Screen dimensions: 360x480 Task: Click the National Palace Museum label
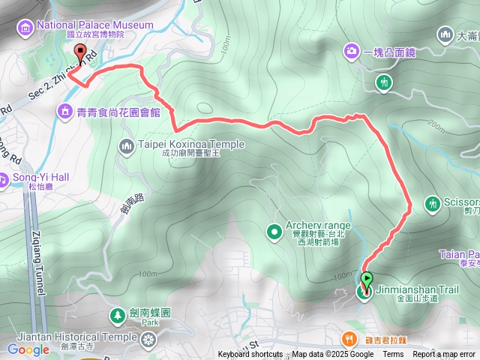coord(94,25)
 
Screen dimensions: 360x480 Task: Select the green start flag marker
coord(366,282)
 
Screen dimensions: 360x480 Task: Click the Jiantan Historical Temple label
coord(69,337)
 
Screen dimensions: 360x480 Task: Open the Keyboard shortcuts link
coord(253,355)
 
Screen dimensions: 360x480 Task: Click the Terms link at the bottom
coord(393,355)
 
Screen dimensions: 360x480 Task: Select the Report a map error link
coord(444,355)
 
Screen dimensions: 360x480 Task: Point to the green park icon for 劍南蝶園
coord(118,314)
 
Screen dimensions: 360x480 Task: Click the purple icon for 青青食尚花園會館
coord(65,112)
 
